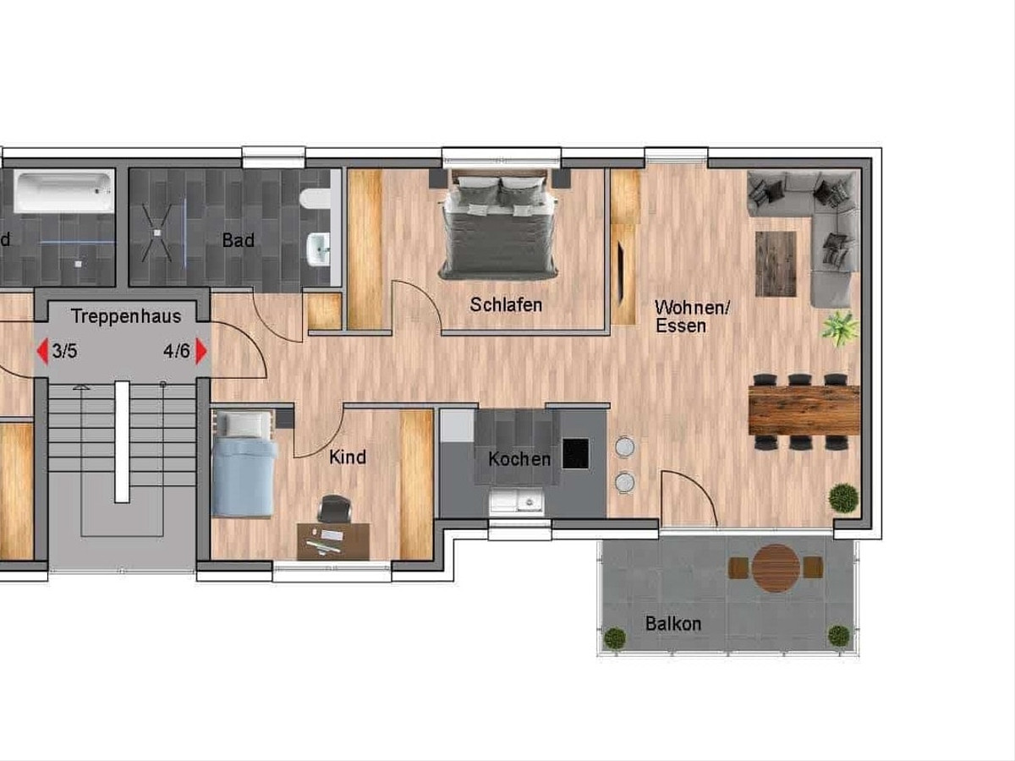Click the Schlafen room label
pos(506,305)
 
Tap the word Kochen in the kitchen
pos(519,459)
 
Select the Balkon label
pos(673,624)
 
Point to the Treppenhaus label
pos(126,316)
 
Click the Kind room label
pos(348,457)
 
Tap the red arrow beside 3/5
pos(43,352)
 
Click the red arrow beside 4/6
pos(201,352)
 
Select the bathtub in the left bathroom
pos(64,191)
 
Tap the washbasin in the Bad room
pos(319,249)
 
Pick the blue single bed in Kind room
pos(243,464)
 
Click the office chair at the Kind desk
pos(335,508)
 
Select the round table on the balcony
pos(776,568)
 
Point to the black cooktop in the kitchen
pos(576,454)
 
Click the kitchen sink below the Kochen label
pos(516,501)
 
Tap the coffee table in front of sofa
pos(776,264)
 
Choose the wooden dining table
pos(804,410)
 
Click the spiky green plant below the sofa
pos(841,329)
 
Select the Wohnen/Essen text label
pos(692,317)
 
